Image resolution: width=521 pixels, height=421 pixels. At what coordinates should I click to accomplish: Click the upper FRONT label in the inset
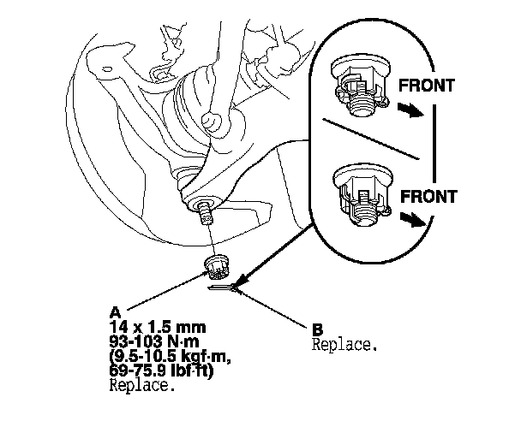coord(427,86)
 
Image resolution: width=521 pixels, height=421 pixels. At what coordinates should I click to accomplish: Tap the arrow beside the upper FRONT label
coord(414,111)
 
